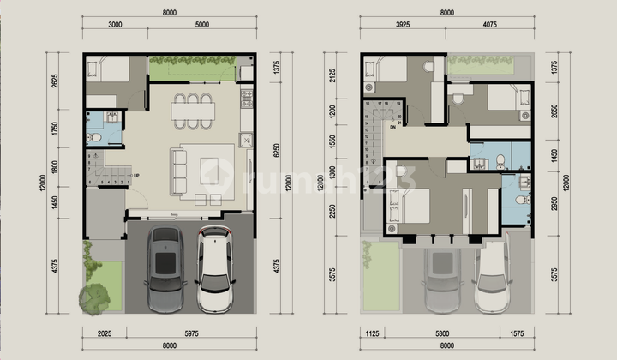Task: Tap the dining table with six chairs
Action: (192, 111)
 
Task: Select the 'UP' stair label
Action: (136, 176)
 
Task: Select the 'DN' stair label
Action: (392, 126)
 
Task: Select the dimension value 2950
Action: (557, 201)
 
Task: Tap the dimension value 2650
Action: (557, 109)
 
